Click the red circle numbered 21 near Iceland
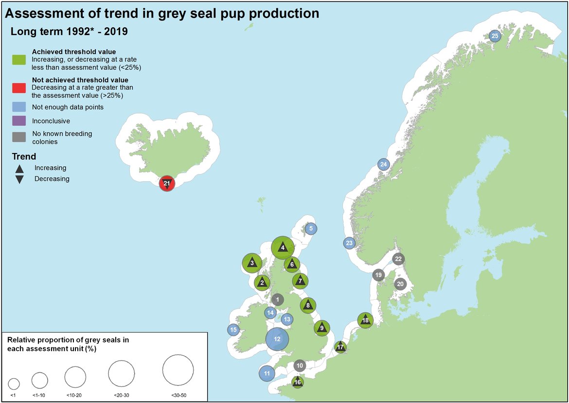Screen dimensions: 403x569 point(166,183)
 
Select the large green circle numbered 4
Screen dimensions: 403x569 point(283,248)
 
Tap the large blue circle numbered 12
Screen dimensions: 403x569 point(277,339)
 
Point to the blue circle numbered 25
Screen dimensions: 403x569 point(495,36)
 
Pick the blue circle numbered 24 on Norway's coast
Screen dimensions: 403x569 point(383,164)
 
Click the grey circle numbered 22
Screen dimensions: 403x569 point(398,259)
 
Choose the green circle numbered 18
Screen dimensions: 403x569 point(365,320)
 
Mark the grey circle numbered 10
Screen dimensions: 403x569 point(300,365)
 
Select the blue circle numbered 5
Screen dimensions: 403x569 point(311,228)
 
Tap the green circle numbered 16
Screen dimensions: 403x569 point(298,383)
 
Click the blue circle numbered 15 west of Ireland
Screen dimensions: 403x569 point(233,330)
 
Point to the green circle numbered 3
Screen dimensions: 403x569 point(252,263)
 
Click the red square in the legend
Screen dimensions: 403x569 point(19,88)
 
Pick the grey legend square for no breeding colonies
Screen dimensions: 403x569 point(19,137)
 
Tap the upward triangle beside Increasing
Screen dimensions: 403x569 point(19,169)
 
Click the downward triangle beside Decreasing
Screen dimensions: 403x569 point(19,179)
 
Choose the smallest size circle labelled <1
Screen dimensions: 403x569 point(14,383)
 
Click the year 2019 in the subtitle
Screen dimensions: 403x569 point(117,33)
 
